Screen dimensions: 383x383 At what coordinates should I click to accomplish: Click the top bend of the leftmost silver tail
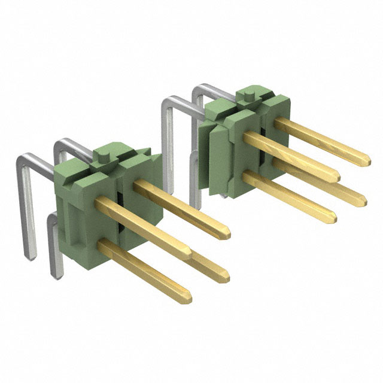point(24,159)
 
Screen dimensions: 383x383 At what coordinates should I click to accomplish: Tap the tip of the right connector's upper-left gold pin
point(336,177)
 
